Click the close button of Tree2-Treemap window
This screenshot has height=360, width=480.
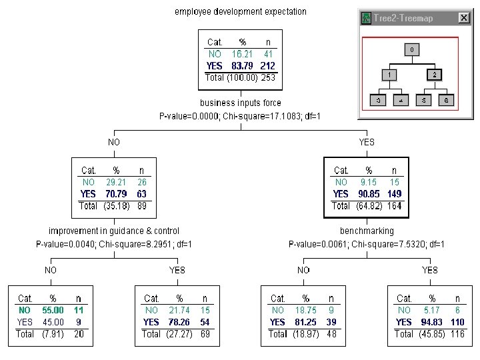click(x=464, y=18)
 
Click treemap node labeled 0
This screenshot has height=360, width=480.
click(x=413, y=49)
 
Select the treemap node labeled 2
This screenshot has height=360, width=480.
click(x=435, y=75)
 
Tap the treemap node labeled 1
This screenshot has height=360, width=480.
click(x=390, y=75)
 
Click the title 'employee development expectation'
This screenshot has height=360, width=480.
click(x=241, y=11)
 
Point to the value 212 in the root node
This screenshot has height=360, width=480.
click(x=267, y=66)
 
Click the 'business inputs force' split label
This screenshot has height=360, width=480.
click(x=241, y=103)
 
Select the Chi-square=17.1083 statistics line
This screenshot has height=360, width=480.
click(x=241, y=116)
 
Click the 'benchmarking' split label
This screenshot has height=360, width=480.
click(x=367, y=231)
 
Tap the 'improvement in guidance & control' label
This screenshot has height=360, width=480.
click(x=114, y=231)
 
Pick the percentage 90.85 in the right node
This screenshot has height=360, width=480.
click(x=369, y=194)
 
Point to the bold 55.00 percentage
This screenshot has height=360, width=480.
click(x=53, y=311)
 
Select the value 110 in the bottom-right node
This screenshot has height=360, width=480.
click(x=457, y=322)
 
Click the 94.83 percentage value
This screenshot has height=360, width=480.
click(x=432, y=322)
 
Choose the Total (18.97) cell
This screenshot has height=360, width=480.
click(x=296, y=334)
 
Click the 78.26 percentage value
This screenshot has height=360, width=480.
click(x=179, y=322)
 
